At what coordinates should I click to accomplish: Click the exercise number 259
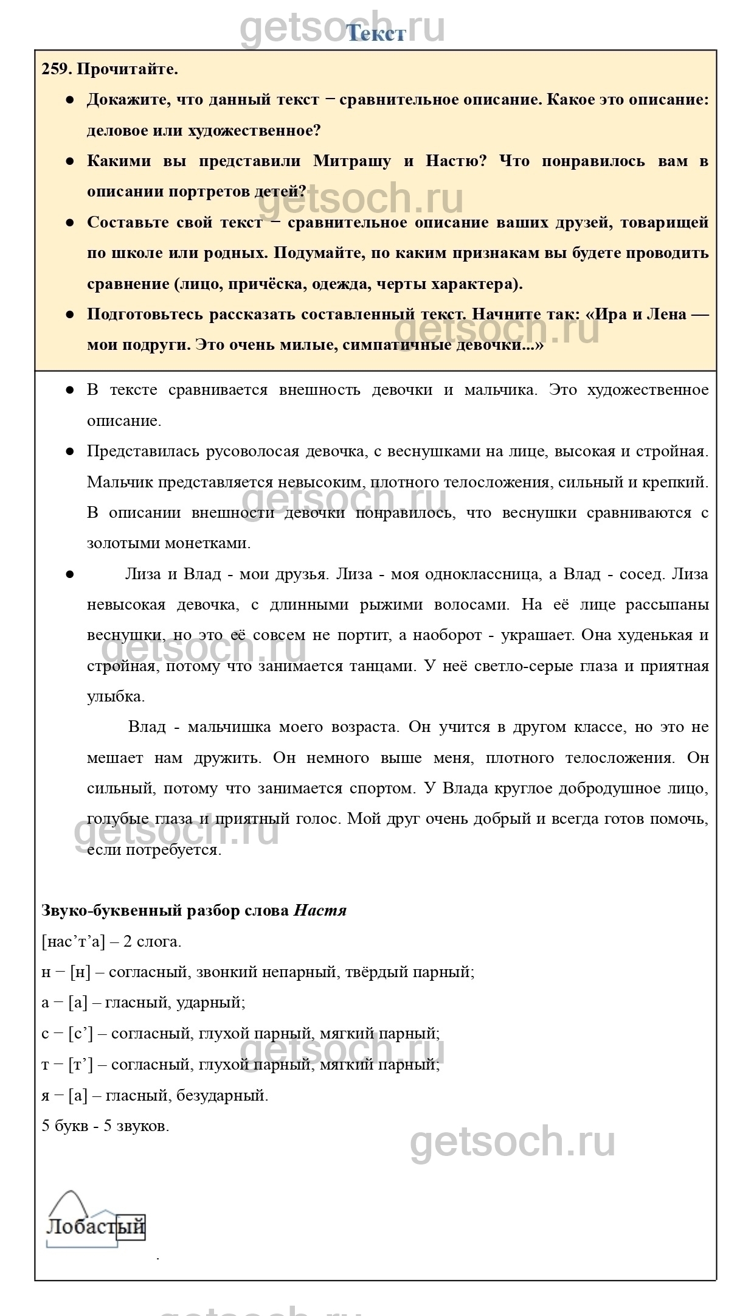coord(57,69)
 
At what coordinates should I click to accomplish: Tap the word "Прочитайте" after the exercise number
coord(128,69)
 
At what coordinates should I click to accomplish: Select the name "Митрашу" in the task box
coord(352,161)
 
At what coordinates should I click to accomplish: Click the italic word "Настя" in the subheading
coord(320,911)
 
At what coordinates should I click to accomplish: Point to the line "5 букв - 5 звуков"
coord(105,1126)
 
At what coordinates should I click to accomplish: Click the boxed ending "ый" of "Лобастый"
coord(131,1227)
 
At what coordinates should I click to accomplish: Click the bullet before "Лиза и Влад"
coord(70,574)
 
